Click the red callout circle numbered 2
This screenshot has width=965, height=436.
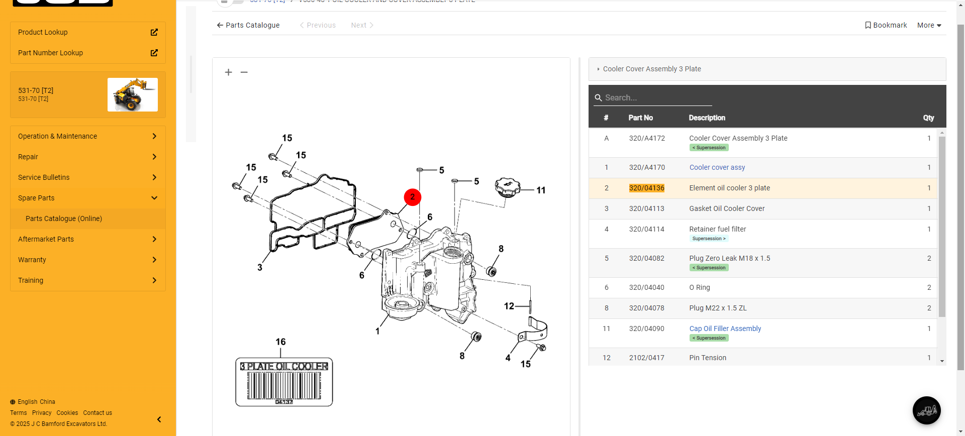[412, 197]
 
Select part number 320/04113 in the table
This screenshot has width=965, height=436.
[646, 208]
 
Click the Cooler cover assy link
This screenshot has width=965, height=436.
[717, 167]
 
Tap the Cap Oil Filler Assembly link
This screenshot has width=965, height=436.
[725, 329]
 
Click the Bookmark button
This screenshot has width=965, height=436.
[886, 25]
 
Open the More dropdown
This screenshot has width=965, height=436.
[929, 25]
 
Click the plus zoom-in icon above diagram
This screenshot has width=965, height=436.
[228, 72]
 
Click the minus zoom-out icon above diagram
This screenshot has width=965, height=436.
[244, 72]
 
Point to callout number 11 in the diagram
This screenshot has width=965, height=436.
[541, 190]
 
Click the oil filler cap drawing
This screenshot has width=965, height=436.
[507, 187]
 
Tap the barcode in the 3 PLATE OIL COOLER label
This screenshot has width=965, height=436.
[284, 386]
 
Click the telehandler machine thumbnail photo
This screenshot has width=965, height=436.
[133, 94]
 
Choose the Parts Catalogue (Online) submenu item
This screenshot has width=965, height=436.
[64, 219]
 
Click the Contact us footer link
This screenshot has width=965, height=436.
[98, 413]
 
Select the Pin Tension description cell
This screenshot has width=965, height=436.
[708, 358]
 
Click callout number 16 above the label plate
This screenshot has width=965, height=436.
[280, 342]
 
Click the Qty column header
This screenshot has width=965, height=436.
[928, 118]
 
